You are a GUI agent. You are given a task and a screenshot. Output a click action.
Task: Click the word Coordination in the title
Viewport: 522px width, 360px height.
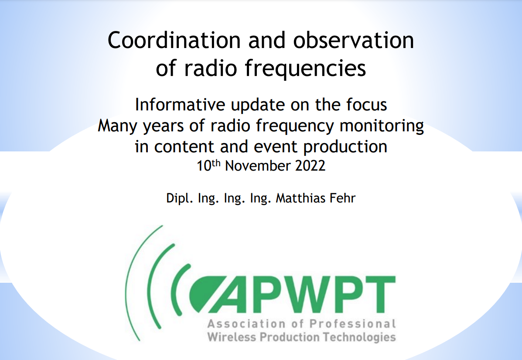pos(174,41)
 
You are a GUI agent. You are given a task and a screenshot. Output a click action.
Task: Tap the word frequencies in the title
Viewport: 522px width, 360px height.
pos(304,69)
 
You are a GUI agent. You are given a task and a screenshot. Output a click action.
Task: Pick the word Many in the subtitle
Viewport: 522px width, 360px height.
pos(115,126)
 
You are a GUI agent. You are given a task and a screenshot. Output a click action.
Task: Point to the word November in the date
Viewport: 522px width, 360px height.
pos(259,166)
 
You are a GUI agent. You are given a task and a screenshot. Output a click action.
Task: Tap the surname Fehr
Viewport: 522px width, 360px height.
pos(344,198)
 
